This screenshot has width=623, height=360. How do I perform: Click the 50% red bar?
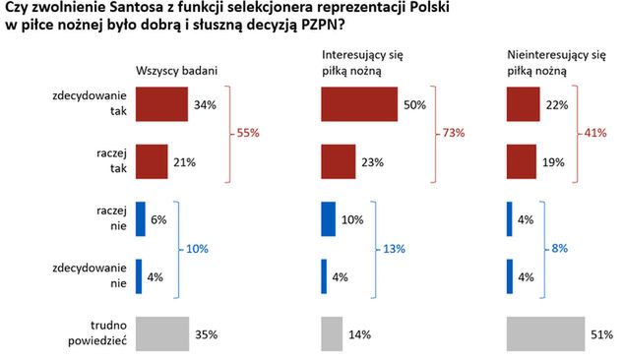pyautogui.click(x=359, y=105)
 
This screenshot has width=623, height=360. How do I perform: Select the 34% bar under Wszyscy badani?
pyautogui.click(x=160, y=105)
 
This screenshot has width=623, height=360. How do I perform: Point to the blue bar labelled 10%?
pyautogui.click(x=329, y=219)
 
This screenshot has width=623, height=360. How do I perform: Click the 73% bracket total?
pyautogui.click(x=452, y=133)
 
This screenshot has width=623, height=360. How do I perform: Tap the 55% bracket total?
pyautogui.click(x=249, y=133)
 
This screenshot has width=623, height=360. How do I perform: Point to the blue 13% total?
pyautogui.click(x=394, y=248)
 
